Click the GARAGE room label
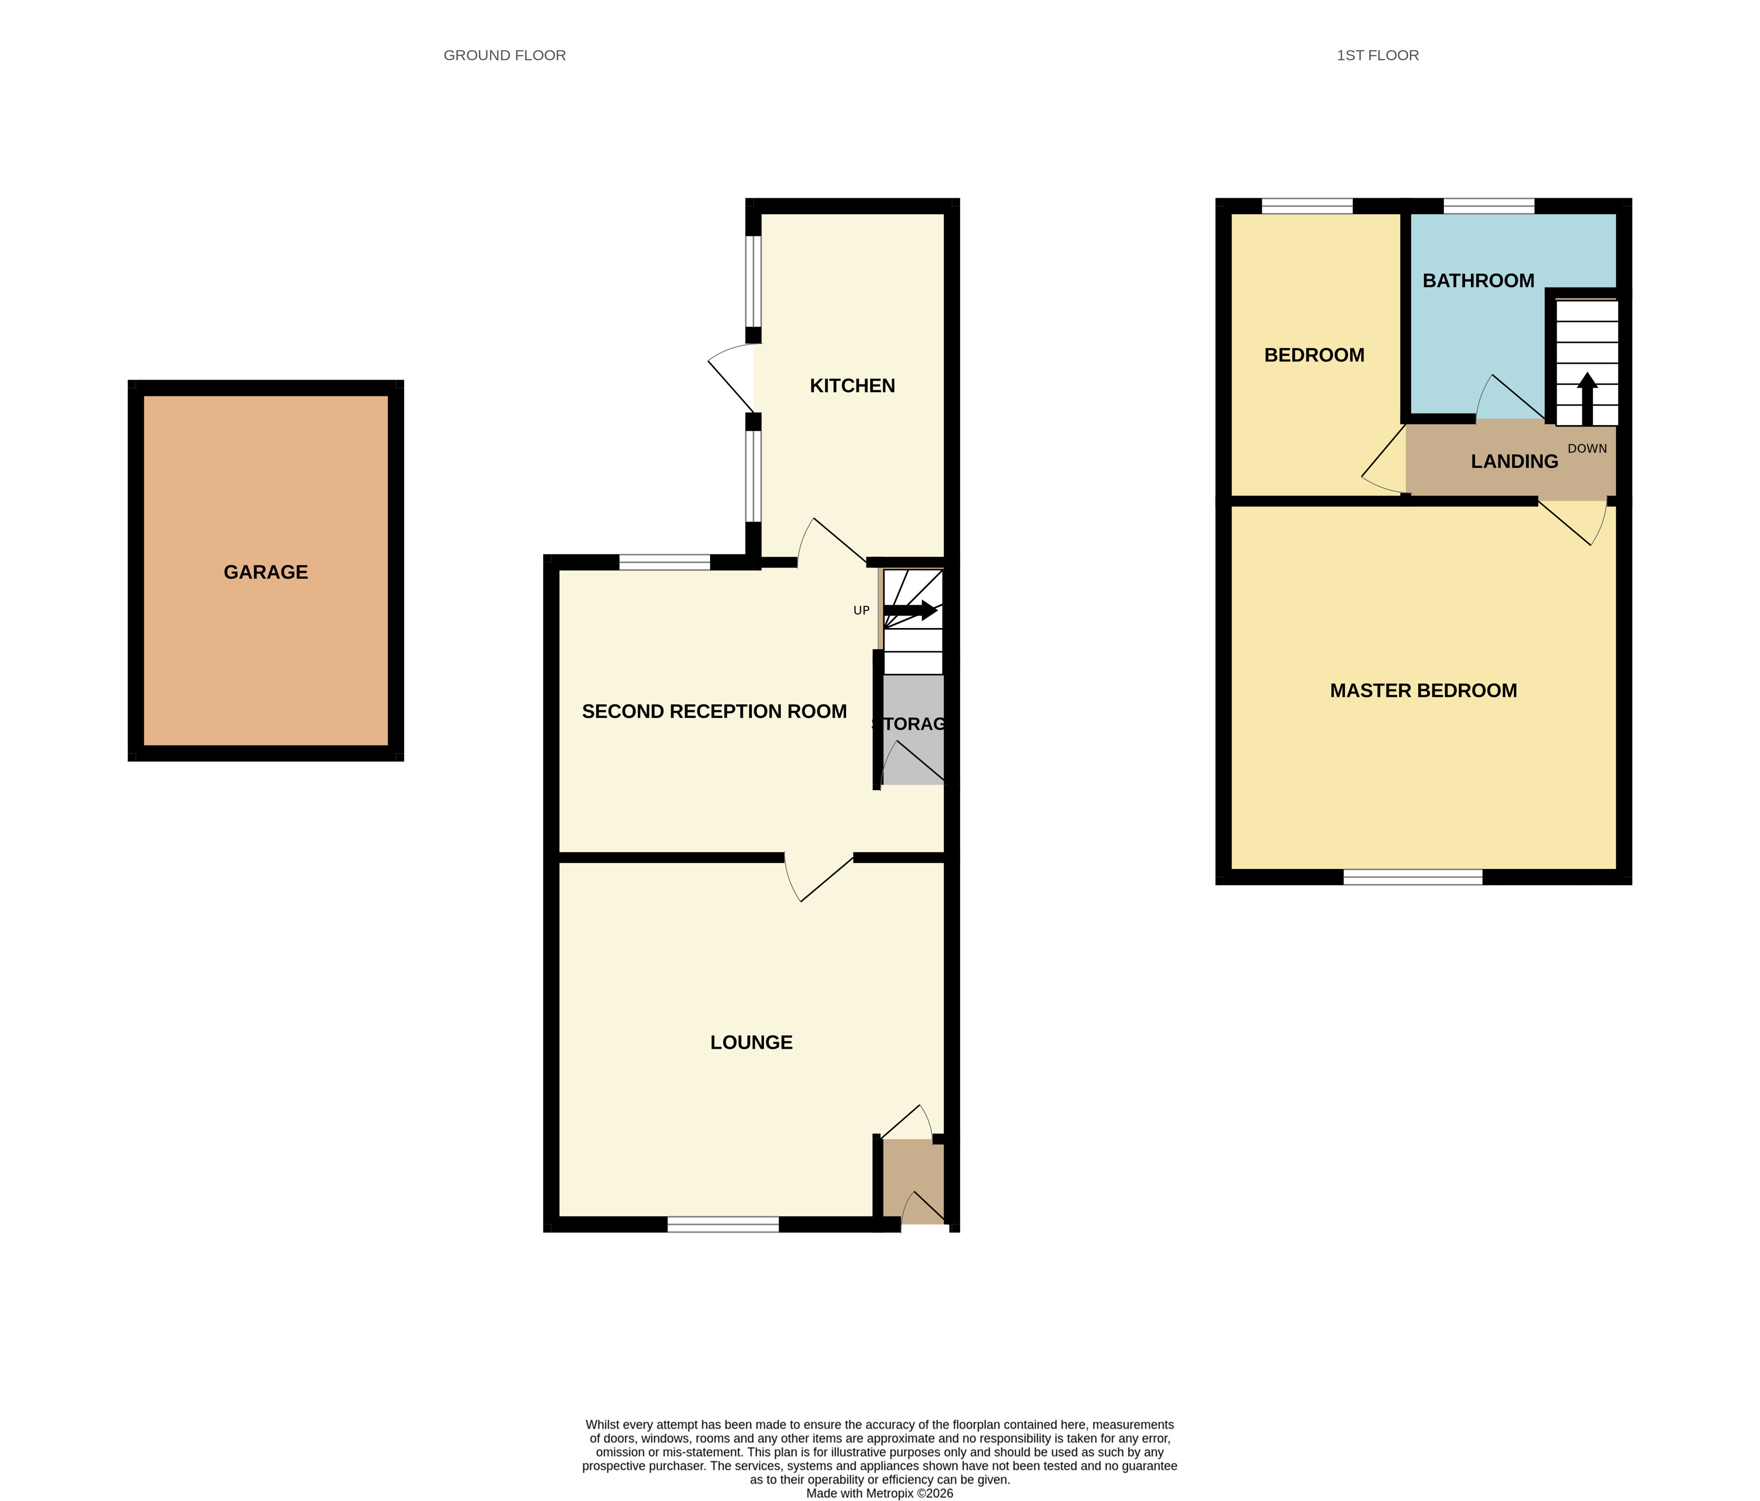pos(266,572)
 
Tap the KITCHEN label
pos(852,386)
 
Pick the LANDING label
pos(1515,461)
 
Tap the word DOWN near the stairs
pos(1587,448)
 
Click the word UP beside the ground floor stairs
pos(861,610)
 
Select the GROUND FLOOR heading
pos(504,55)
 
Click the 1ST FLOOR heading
pos(1377,55)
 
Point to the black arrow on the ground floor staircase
pos(910,610)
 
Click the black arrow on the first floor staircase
pos(1587,399)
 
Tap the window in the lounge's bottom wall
pos(723,1224)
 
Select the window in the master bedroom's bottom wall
pos(1413,877)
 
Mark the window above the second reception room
pos(664,562)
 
